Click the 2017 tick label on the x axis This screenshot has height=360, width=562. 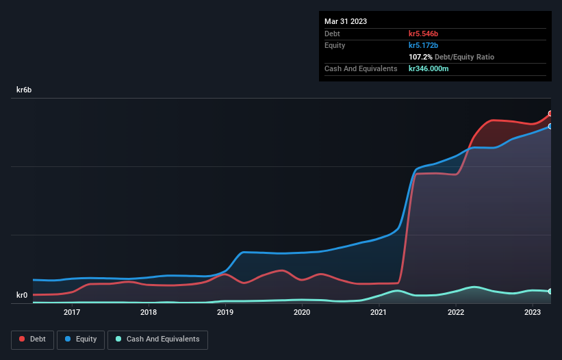(72, 312)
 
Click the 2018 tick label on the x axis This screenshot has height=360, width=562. (149, 312)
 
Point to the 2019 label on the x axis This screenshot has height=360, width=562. (225, 312)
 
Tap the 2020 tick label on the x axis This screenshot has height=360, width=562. (302, 312)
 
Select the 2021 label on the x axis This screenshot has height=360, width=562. (379, 312)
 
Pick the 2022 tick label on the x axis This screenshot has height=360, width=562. (456, 312)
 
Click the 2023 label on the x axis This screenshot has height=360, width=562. (533, 312)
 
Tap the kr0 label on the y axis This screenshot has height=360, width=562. (22, 296)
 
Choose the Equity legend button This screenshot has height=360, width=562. (81, 339)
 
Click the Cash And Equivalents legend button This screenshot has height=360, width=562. (157, 339)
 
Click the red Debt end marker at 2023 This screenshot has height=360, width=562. (550, 114)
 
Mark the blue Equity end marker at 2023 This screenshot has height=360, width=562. (550, 127)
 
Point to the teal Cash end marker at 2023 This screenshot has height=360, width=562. (550, 292)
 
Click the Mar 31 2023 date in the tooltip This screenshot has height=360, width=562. (346, 21)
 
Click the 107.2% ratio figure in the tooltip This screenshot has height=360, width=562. (421, 57)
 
